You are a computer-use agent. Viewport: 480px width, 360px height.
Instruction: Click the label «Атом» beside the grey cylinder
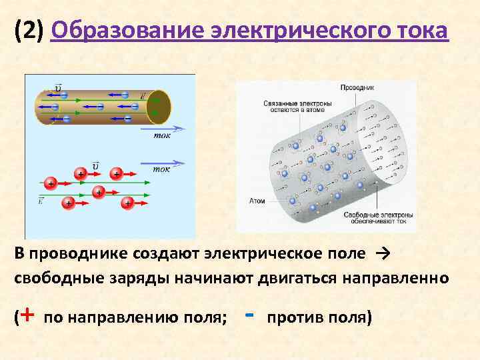pos(257,199)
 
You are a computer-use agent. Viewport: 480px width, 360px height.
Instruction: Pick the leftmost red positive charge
pos(50,183)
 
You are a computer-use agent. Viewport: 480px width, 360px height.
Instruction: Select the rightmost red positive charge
pos(127,203)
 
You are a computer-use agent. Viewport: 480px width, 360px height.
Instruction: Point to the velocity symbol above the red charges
pos(96,164)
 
